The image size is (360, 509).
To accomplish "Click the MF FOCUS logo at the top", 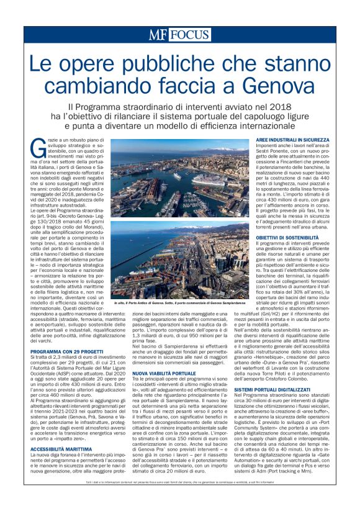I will [x=179, y=35].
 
